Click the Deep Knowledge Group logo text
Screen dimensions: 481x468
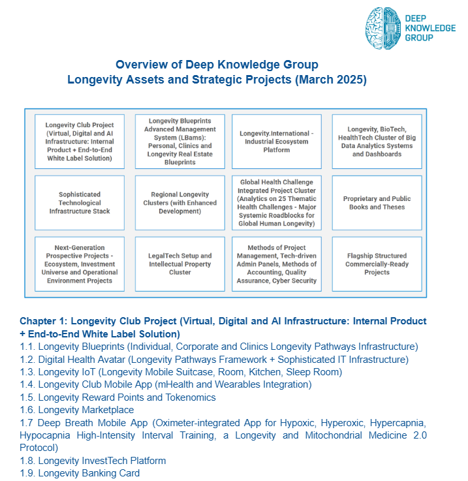pyautogui.click(x=430, y=29)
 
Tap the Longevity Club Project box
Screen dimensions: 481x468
pyautogui.click(x=80, y=141)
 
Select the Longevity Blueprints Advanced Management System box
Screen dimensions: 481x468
pyautogui.click(x=180, y=141)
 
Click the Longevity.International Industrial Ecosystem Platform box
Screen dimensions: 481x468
pyautogui.click(x=276, y=141)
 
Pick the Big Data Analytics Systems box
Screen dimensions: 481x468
pyautogui.click(x=377, y=141)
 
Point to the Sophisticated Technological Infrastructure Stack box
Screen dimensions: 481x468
pyautogui.click(x=80, y=202)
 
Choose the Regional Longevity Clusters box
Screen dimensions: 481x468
pyautogui.click(x=180, y=202)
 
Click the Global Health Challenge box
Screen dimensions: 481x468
pyautogui.click(x=276, y=202)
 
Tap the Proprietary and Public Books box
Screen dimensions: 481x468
pyautogui.click(x=377, y=202)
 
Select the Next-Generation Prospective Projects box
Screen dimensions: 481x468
pyautogui.click(x=80, y=264)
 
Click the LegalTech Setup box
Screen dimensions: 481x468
pyautogui.click(x=180, y=264)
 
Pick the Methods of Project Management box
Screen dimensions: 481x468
pyautogui.click(x=276, y=264)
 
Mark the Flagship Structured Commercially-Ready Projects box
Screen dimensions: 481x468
pyautogui.click(x=377, y=264)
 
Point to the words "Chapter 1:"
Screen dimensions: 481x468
pyautogui.click(x=43, y=321)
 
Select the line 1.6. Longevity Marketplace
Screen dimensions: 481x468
pyautogui.click(x=86, y=410)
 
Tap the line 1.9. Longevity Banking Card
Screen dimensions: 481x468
pyautogui.click(x=89, y=473)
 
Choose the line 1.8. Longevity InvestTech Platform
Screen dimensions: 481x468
pyautogui.click(x=102, y=461)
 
